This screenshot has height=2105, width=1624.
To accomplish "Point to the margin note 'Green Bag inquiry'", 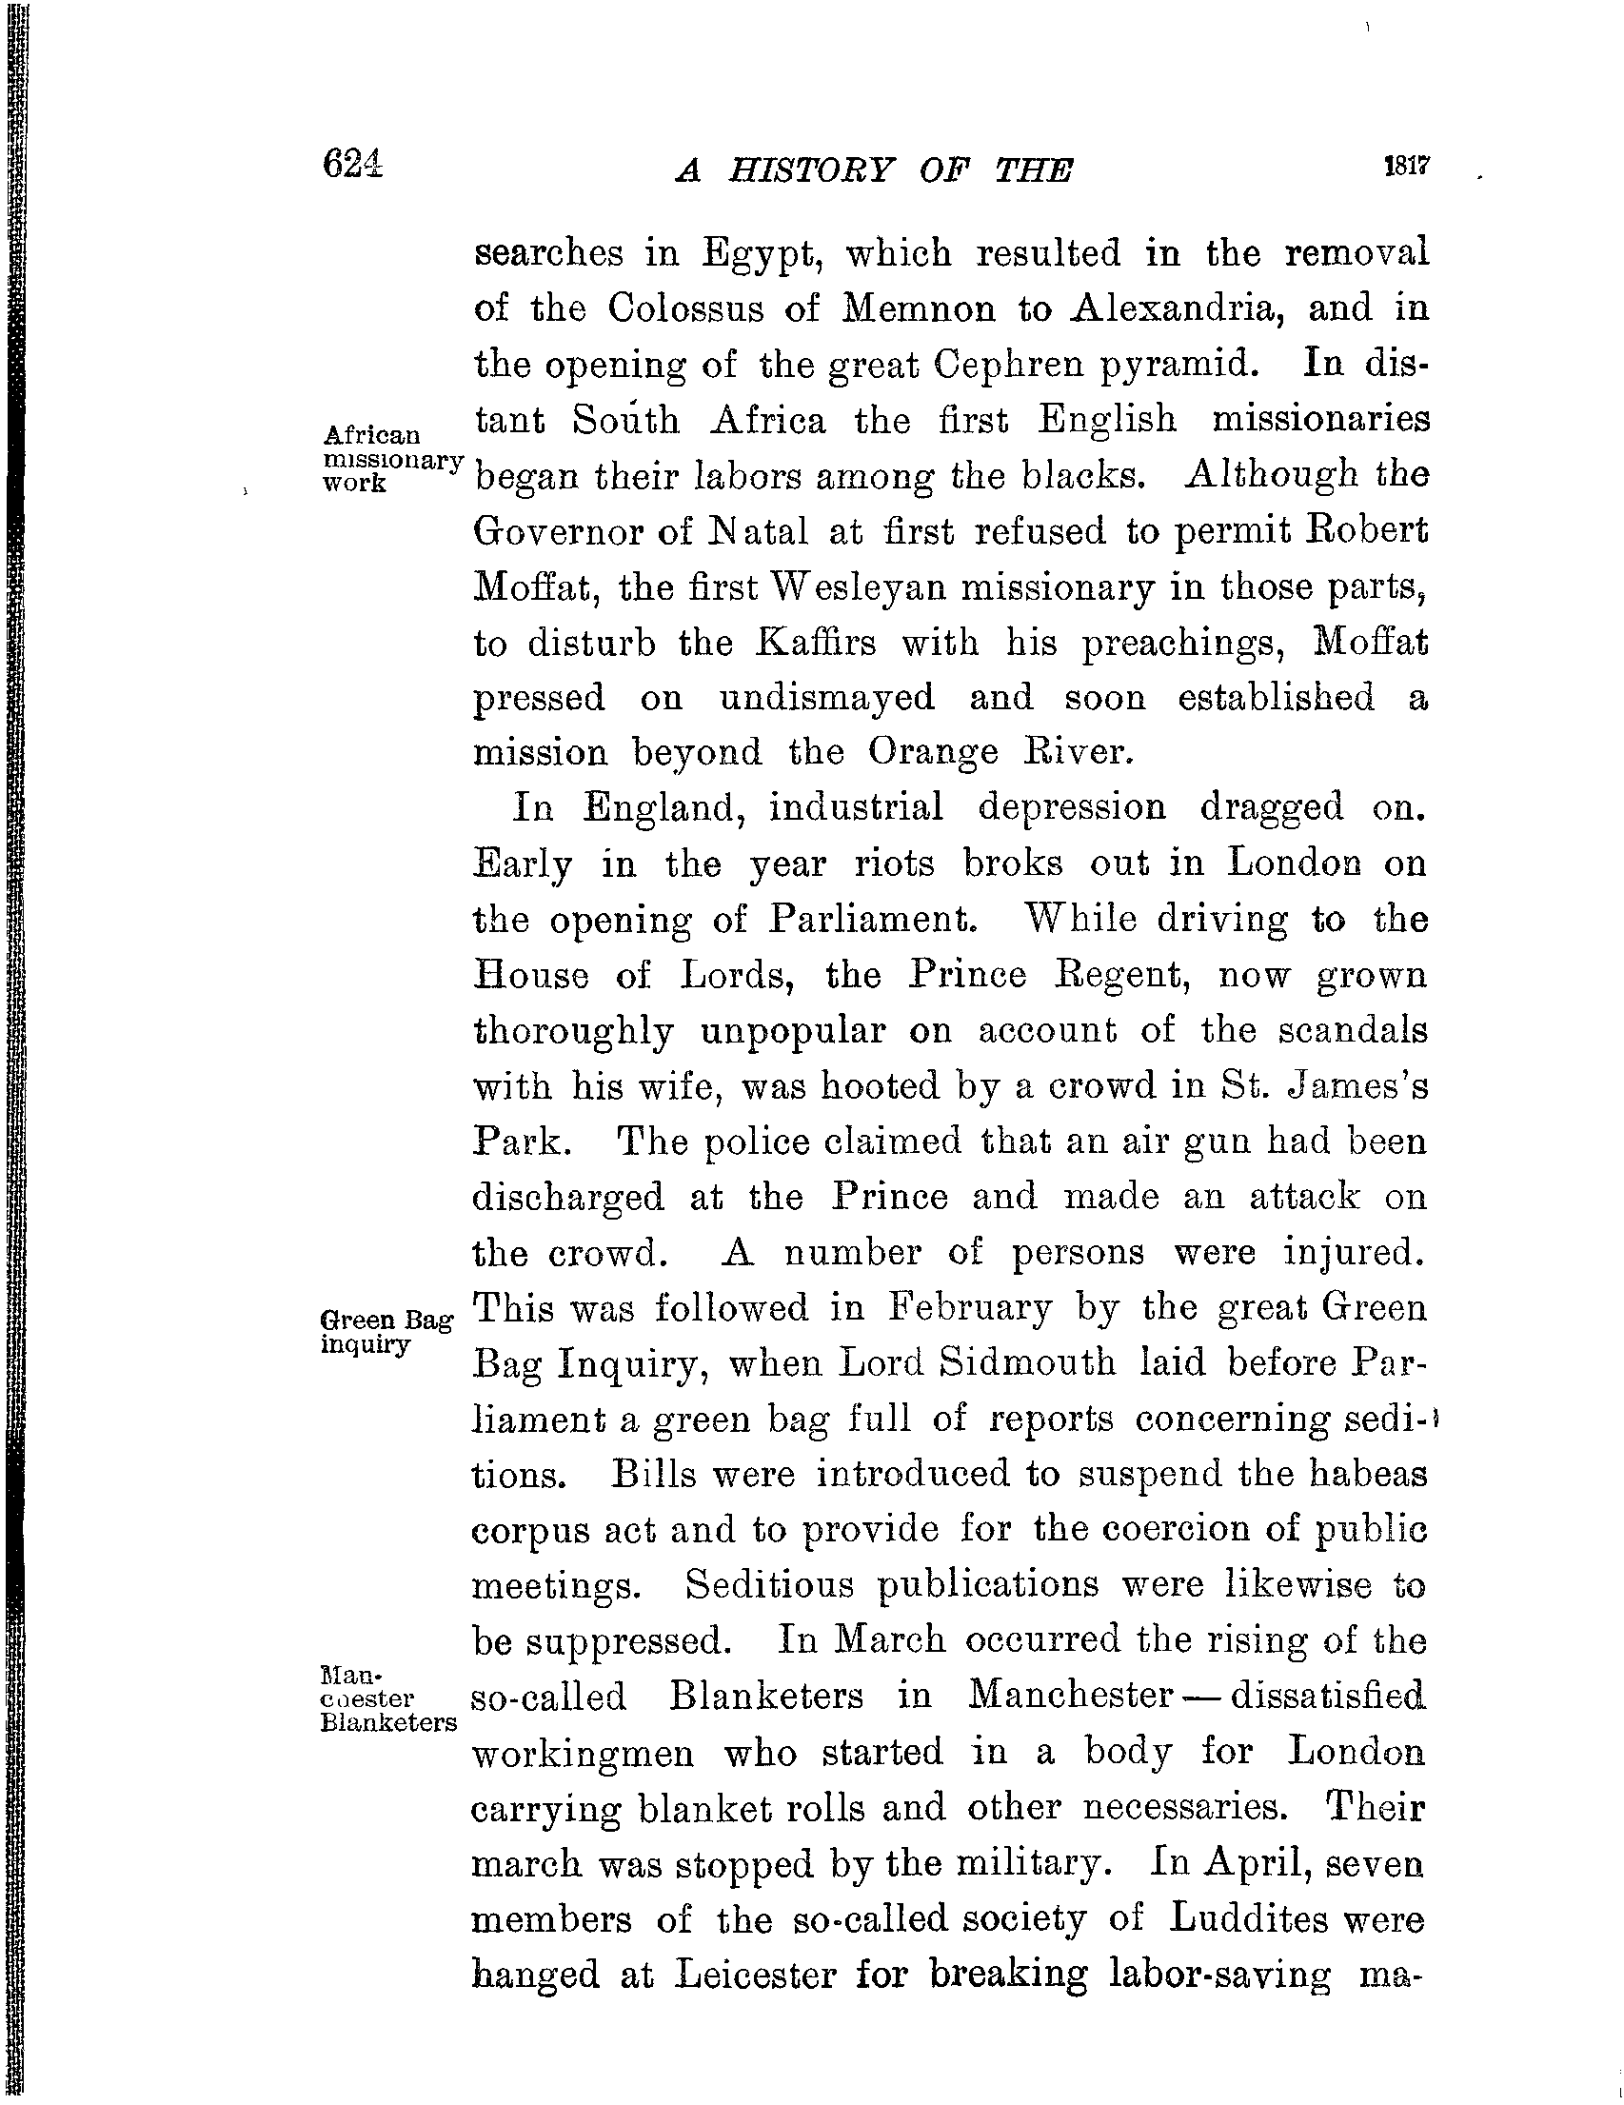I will tap(386, 1331).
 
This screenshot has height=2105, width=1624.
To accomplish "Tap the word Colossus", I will tap(712, 309).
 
